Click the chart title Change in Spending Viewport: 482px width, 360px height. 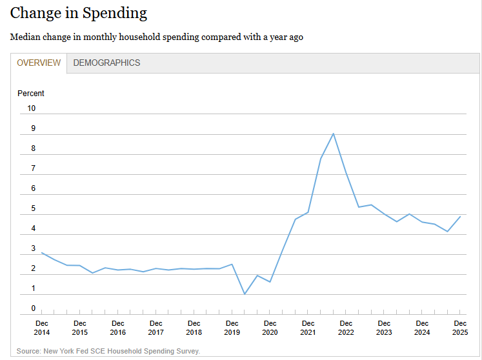pos(79,13)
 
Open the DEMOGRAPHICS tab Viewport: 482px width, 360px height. pos(106,63)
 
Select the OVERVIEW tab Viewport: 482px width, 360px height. pos(39,63)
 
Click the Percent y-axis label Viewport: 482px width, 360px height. pos(31,94)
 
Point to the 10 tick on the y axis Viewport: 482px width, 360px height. pos(32,108)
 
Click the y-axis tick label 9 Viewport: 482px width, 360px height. pos(34,128)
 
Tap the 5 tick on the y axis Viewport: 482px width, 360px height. pos(34,209)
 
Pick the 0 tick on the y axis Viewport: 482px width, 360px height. pos(34,309)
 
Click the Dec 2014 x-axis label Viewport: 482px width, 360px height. pos(42,328)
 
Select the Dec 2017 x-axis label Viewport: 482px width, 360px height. pos(156,328)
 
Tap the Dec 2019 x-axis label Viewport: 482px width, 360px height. pos(232,328)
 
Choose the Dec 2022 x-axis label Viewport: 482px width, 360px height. pos(346,328)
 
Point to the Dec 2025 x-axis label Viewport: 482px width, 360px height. pos(460,328)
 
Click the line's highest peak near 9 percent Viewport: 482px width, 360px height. pos(333,134)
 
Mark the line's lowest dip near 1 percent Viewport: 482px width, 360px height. pos(245,294)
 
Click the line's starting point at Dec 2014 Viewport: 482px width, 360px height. pos(42,253)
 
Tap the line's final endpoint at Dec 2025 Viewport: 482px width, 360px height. pos(460,217)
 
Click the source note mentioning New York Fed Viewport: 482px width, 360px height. pos(108,351)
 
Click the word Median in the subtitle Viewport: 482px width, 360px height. pos(25,37)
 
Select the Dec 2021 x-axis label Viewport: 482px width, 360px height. pos(308,328)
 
